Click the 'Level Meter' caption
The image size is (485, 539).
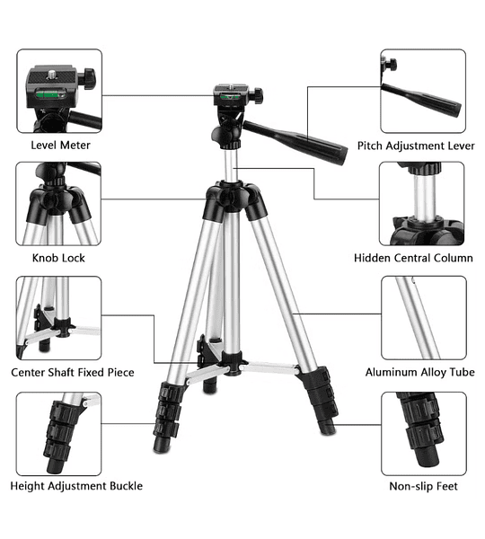[60, 145]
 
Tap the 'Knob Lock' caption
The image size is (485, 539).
[58, 258]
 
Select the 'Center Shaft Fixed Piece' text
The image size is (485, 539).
[73, 372]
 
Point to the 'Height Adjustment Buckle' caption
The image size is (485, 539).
[76, 486]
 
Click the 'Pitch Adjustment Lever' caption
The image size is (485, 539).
[416, 146]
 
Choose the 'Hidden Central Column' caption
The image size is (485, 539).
[413, 258]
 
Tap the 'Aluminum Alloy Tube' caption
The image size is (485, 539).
[420, 372]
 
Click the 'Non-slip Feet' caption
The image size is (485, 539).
[423, 486]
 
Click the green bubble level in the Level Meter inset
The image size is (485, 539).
[50, 93]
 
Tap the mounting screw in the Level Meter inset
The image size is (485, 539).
[53, 74]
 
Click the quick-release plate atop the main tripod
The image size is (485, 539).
[231, 89]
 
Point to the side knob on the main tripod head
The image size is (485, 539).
[258, 95]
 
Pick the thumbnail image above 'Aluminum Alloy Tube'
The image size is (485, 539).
[424, 318]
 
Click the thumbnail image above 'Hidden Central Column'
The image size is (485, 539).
[422, 204]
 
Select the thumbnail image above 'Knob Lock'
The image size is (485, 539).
[58, 204]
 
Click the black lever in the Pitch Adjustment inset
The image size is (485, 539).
[421, 100]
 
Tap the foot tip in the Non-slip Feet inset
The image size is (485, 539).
[428, 456]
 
